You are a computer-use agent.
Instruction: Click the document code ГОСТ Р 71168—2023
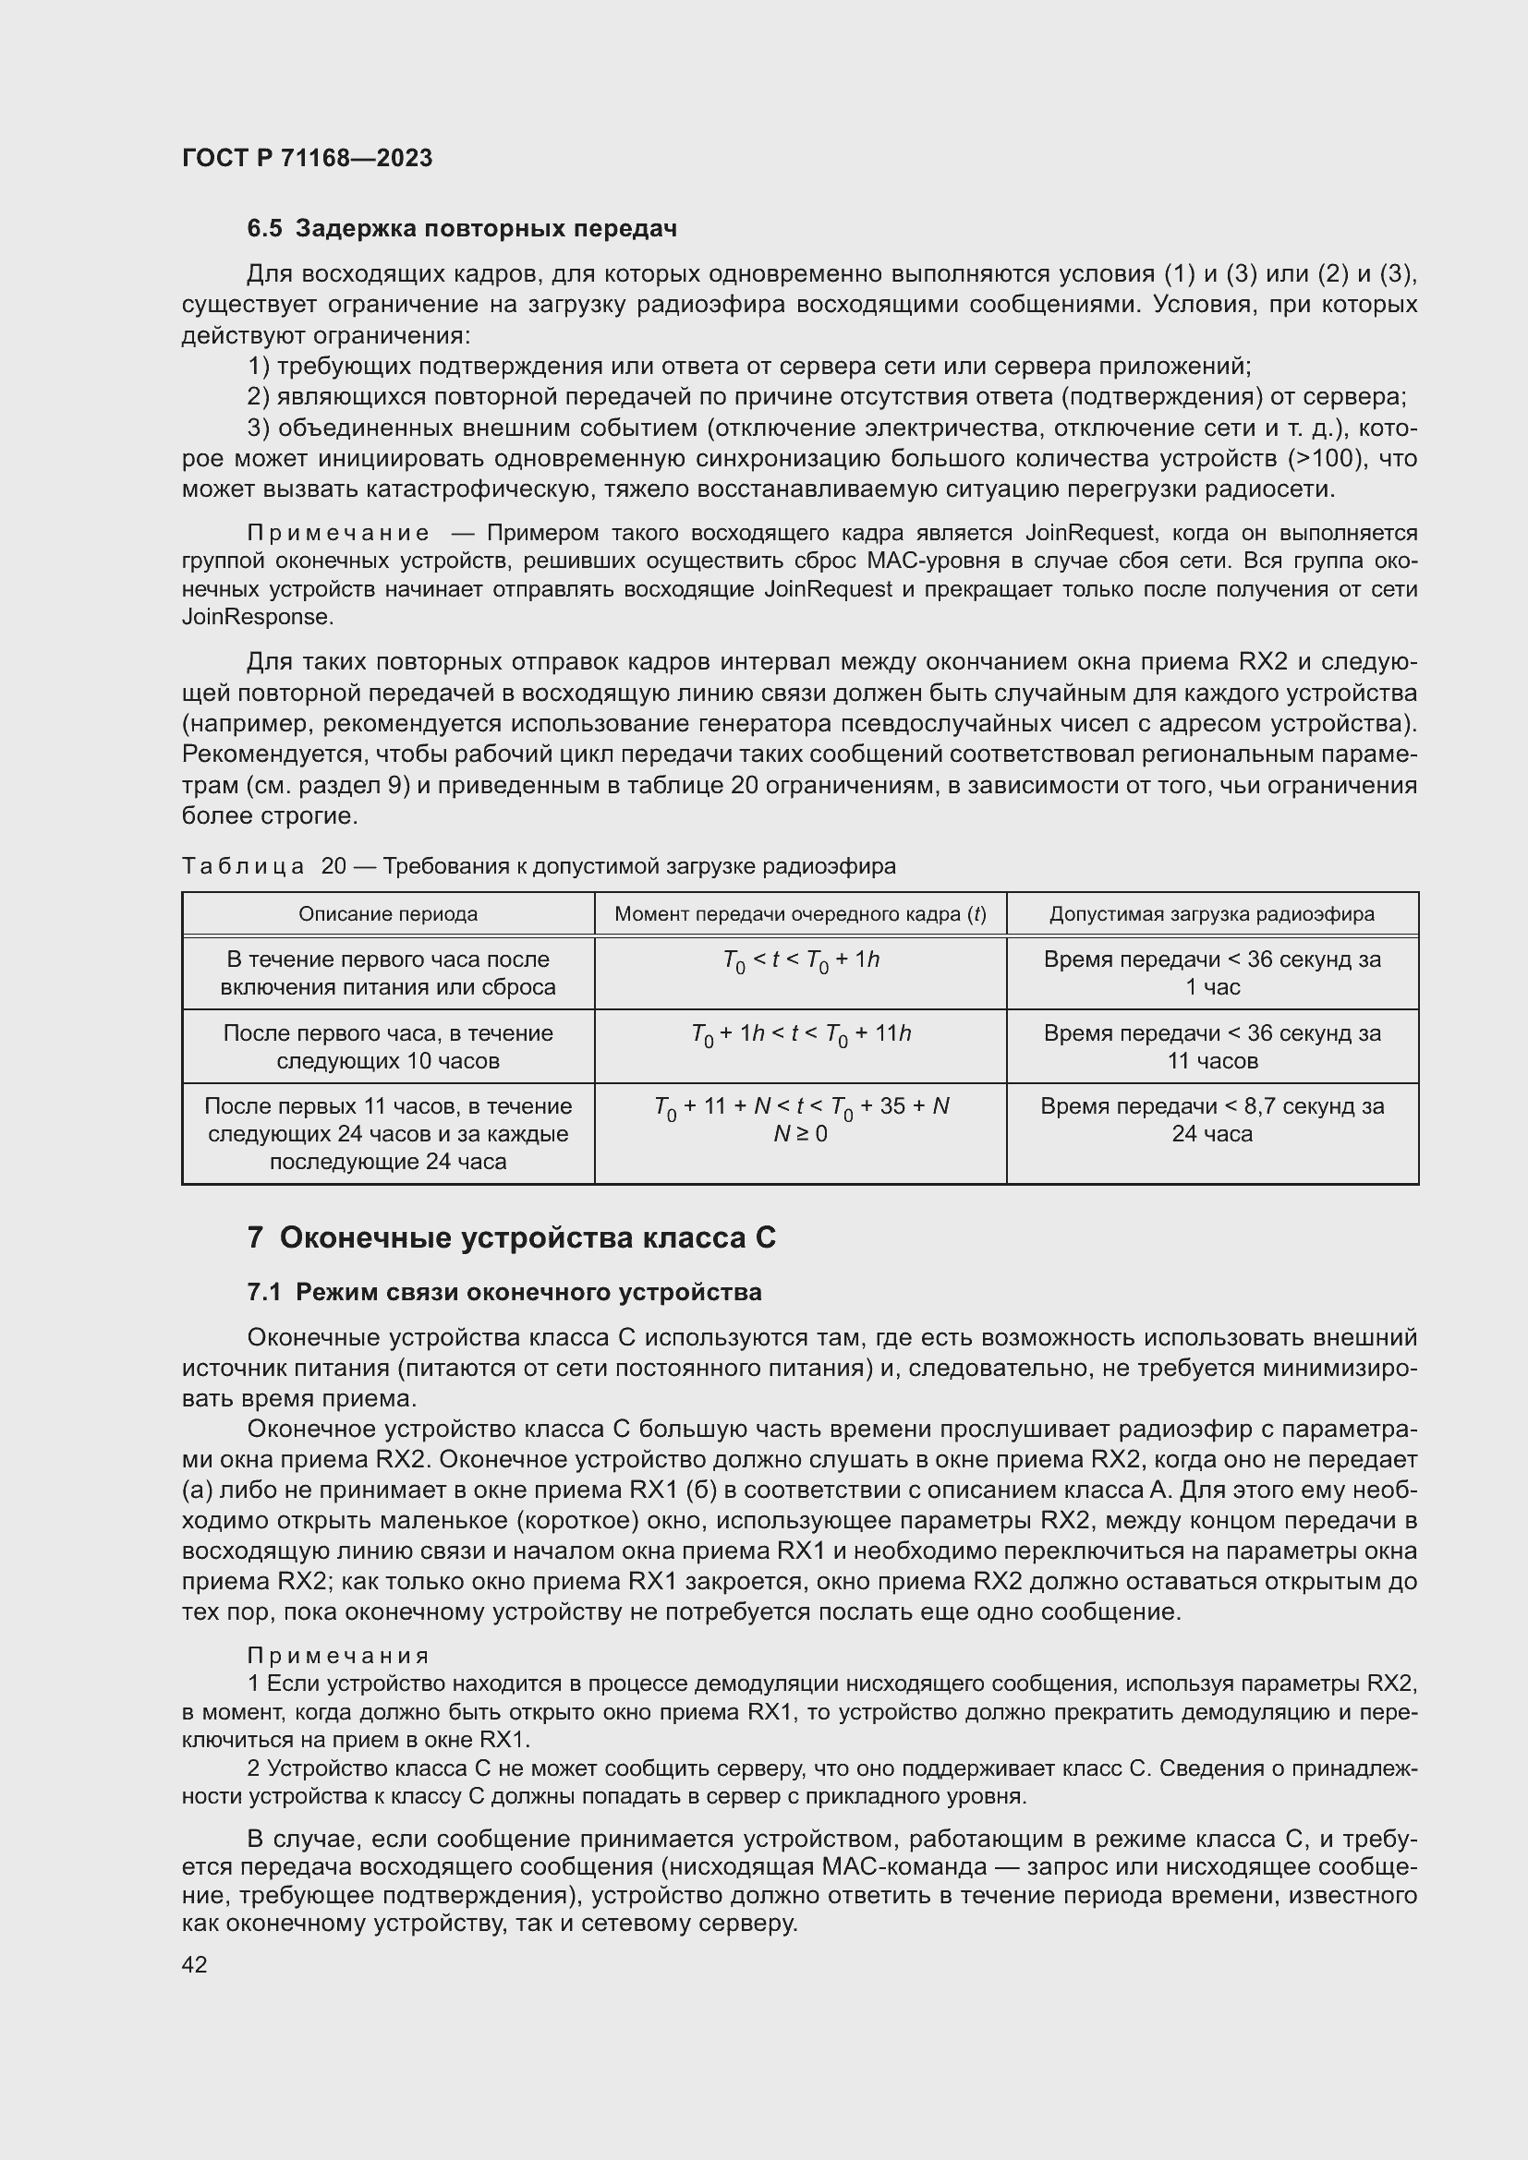(307, 158)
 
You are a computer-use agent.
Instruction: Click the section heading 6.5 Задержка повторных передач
(461, 229)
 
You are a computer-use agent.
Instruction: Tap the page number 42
(195, 1965)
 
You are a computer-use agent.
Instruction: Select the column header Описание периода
(388, 913)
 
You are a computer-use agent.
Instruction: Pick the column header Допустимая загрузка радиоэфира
(1212, 913)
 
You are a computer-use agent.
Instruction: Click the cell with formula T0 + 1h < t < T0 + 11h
(800, 1034)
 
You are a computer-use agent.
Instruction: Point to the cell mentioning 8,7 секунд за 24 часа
(1212, 1119)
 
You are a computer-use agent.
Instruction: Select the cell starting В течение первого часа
(388, 972)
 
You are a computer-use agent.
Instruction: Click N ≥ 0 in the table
(800, 1135)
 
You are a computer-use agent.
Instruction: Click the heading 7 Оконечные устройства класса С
(512, 1238)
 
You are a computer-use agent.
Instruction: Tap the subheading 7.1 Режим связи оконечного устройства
(504, 1293)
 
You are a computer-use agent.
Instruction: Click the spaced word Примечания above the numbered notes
(338, 1656)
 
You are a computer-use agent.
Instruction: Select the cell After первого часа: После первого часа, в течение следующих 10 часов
(388, 1046)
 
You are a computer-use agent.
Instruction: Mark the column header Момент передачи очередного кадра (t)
(800, 913)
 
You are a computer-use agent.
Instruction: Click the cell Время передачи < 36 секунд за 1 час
(1212, 972)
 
